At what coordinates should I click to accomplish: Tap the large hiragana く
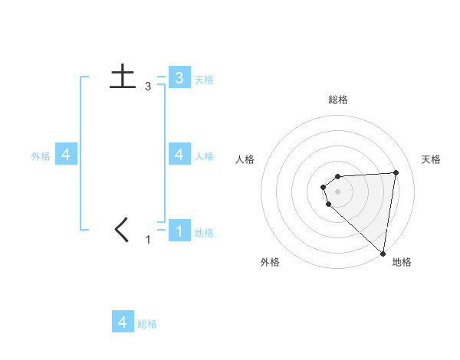click(122, 230)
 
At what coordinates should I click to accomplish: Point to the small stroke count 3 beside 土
click(147, 87)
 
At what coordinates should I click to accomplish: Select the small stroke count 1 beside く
click(148, 240)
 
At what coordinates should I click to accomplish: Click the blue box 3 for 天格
click(179, 77)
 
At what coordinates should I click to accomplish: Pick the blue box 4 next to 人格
click(179, 154)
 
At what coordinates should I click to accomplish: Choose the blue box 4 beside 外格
click(66, 155)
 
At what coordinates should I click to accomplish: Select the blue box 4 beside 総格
click(123, 322)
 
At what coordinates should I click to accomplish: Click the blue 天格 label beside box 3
click(204, 80)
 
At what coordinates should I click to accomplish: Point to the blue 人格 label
click(204, 156)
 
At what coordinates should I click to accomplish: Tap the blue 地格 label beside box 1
click(204, 233)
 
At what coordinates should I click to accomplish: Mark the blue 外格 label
click(41, 156)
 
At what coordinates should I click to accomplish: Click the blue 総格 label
click(147, 324)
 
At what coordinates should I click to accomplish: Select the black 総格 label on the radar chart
click(338, 100)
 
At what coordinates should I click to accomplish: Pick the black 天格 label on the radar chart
click(431, 159)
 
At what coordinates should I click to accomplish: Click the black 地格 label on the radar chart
click(402, 262)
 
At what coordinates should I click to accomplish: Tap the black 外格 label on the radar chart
click(270, 262)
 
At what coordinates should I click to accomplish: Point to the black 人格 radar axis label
click(245, 159)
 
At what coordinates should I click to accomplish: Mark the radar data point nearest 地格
click(383, 253)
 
